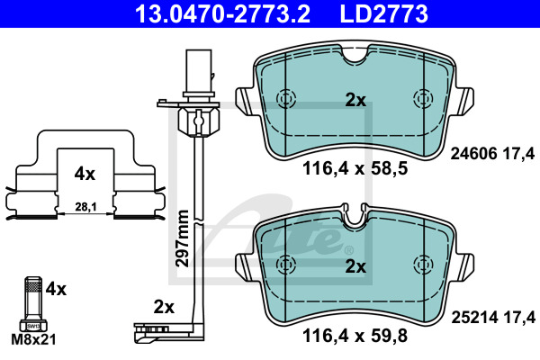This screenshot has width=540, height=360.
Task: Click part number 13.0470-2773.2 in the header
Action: click(x=222, y=13)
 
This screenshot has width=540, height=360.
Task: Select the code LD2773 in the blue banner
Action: click(x=383, y=13)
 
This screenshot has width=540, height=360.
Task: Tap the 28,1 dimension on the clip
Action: click(x=85, y=207)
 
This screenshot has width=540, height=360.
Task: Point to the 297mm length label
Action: click(x=182, y=238)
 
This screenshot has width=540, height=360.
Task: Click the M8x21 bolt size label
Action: click(x=33, y=339)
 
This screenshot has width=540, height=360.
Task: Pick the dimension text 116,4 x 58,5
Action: click(x=355, y=169)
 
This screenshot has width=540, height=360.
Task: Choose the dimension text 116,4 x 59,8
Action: click(x=355, y=336)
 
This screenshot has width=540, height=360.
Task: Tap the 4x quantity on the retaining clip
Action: click(x=85, y=174)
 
